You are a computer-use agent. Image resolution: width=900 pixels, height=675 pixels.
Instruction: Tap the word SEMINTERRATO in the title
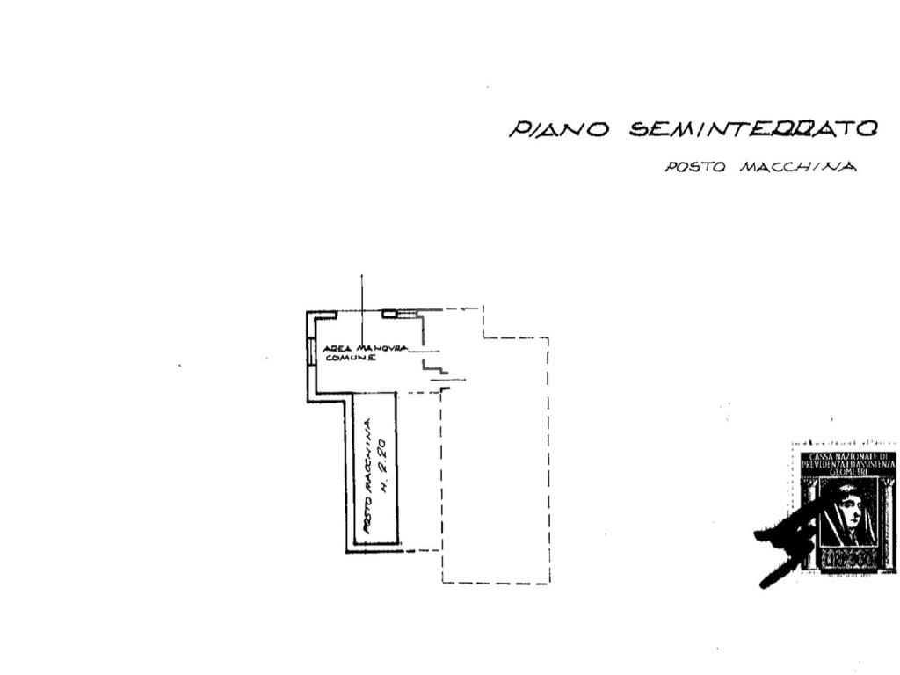pos(753,128)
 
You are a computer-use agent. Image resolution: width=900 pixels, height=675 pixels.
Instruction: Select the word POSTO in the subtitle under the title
pos(694,167)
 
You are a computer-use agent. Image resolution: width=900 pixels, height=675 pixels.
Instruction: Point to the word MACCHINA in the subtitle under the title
pos(797,167)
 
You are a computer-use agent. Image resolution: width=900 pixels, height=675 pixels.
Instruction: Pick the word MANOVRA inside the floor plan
pos(381,348)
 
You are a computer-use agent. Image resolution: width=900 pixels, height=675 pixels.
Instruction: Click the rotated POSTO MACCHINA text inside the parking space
pos(368,476)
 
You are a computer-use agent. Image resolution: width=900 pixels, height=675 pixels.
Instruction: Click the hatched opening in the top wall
pos(389,313)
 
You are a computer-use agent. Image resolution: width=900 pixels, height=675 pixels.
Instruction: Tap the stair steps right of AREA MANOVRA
pos(432,362)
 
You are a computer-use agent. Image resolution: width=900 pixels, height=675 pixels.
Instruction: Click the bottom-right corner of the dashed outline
pos(548,583)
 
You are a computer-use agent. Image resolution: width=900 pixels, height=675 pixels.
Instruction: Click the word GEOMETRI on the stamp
pos(848,472)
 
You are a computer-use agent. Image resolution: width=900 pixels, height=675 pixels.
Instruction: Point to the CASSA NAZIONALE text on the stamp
pos(848,457)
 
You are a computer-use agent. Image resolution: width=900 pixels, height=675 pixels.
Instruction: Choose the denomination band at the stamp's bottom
pos(848,557)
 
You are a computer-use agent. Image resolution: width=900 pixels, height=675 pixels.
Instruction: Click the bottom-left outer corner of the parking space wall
pos(347,550)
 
